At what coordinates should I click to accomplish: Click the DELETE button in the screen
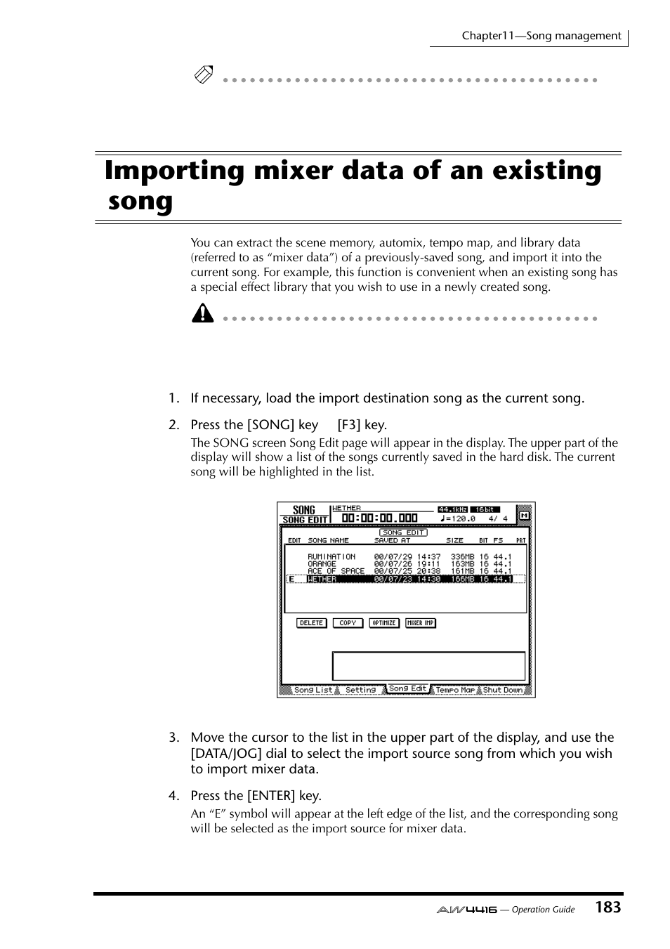[x=311, y=623]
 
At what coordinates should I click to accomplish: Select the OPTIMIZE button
[x=384, y=623]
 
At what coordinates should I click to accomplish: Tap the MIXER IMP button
[x=421, y=623]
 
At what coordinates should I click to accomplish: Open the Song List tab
[x=313, y=690]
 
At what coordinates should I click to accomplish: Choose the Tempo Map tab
[x=456, y=690]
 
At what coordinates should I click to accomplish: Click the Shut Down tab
[x=503, y=690]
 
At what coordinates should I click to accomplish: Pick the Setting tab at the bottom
[x=360, y=690]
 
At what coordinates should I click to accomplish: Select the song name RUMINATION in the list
[x=331, y=556]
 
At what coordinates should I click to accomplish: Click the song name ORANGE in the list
[x=322, y=564]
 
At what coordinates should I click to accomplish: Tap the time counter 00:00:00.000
[x=380, y=518]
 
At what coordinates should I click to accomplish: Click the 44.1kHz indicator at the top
[x=453, y=509]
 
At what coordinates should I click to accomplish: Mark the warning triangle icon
[x=202, y=313]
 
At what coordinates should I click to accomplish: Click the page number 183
[x=607, y=908]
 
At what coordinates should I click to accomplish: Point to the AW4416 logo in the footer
[x=466, y=910]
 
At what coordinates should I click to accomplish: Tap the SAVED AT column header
[x=392, y=541]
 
